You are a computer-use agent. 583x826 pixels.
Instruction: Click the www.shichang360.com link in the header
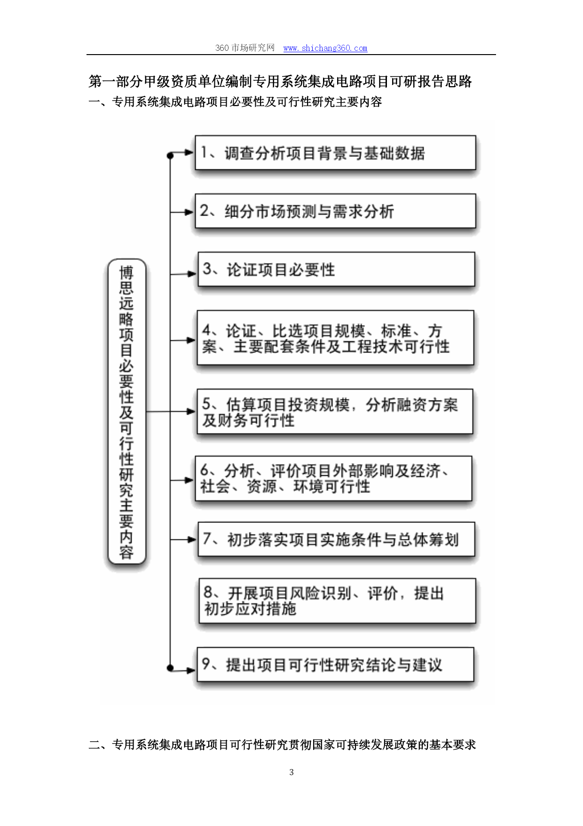coord(325,48)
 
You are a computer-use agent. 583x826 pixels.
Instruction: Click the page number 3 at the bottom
coord(291,772)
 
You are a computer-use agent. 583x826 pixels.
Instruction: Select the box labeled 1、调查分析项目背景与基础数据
coord(335,152)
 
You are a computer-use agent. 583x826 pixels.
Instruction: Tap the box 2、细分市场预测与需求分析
coord(335,211)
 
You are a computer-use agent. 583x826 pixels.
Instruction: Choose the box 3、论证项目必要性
coord(336,269)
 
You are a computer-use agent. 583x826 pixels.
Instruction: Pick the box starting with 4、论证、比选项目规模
coord(335,338)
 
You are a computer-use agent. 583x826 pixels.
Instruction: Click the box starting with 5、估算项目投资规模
coord(335,411)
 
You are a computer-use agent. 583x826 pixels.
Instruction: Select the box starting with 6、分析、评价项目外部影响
coord(333,479)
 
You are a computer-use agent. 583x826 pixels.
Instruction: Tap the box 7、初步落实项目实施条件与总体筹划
coord(336,539)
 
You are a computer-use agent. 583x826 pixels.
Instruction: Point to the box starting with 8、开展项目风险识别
coord(337,601)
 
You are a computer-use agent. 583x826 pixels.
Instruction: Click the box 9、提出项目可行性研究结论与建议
coord(335,665)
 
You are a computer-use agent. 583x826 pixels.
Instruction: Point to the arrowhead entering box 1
coord(190,152)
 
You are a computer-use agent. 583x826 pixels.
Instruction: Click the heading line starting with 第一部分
coord(280,81)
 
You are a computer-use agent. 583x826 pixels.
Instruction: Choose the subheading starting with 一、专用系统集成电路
coord(235,102)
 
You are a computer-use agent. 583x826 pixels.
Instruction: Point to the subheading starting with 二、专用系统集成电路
coord(282,745)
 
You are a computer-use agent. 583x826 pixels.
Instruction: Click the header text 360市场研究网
coord(245,48)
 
